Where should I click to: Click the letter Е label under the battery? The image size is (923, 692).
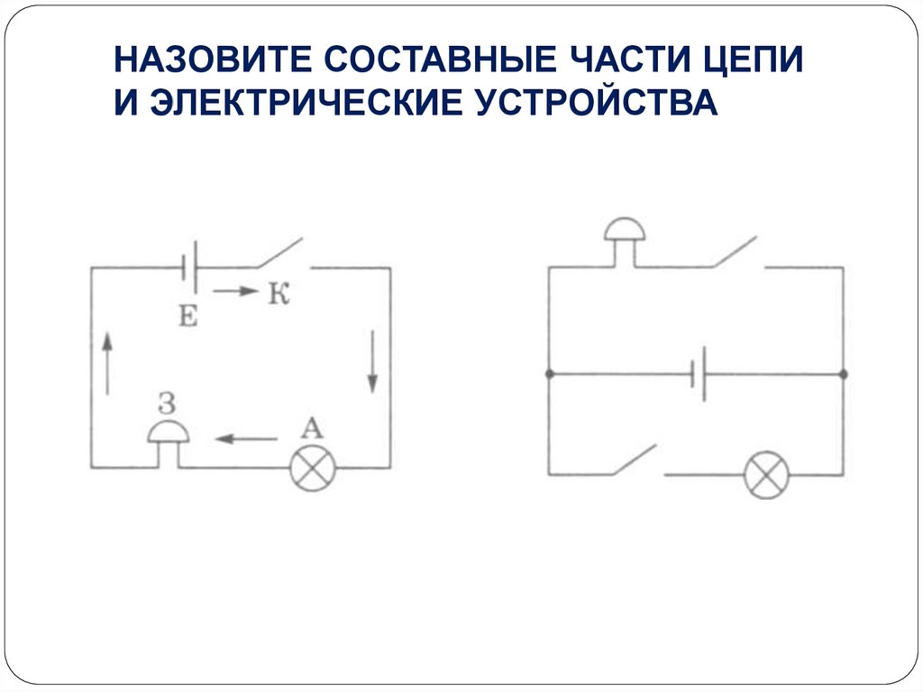[188, 315]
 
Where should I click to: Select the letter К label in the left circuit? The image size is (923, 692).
[277, 293]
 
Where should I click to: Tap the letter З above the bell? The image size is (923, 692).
[166, 400]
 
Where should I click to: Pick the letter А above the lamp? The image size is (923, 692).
[311, 426]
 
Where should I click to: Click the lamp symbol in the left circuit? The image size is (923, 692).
[312, 468]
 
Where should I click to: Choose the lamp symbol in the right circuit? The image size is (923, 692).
[766, 475]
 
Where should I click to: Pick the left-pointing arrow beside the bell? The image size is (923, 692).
[246, 439]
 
